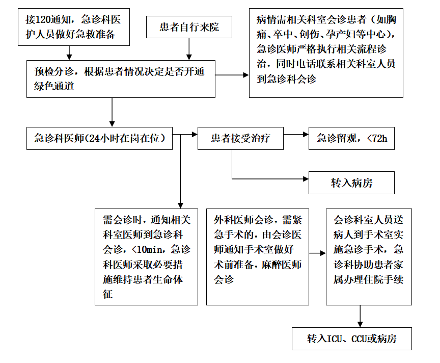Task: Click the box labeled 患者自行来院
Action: click(189, 27)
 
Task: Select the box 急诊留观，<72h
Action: click(351, 138)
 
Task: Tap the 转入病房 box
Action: click(351, 183)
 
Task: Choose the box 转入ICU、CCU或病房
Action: click(351, 339)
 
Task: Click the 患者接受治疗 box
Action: click(240, 138)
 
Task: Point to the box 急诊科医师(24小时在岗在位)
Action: click(99, 138)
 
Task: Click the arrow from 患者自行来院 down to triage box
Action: click(189, 49)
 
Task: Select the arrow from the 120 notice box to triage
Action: click(69, 53)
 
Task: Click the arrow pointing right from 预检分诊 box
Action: click(232, 75)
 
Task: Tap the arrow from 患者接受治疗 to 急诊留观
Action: click(296, 134)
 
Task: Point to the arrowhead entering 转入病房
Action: click(306, 178)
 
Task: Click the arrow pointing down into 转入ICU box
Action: click(360, 316)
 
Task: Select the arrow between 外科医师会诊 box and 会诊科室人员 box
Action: click(317, 253)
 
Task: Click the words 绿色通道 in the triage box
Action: click(54, 86)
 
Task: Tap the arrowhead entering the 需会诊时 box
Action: click(180, 205)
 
